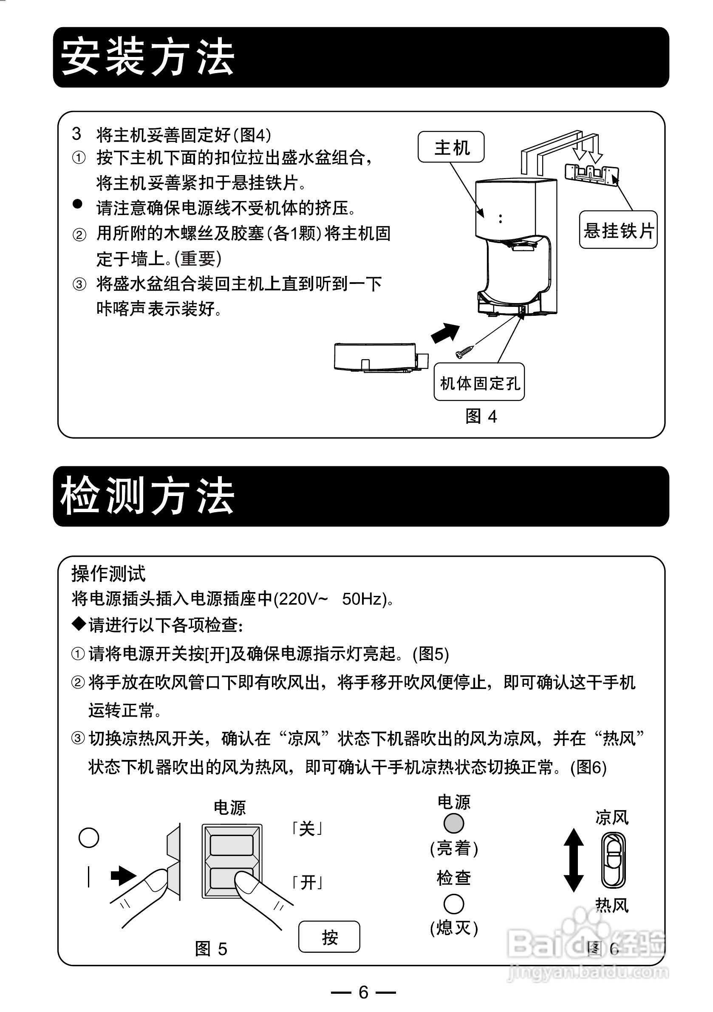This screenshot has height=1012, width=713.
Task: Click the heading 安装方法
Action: tap(147, 57)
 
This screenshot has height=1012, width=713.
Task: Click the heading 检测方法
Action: tap(147, 496)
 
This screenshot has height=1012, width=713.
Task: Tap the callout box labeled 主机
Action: tap(451, 147)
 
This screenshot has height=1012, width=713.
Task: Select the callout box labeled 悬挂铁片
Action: tap(618, 230)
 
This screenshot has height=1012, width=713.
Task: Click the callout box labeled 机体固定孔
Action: tap(479, 382)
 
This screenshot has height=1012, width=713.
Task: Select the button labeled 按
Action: tap(329, 937)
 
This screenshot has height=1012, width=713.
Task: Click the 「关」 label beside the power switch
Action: tap(307, 829)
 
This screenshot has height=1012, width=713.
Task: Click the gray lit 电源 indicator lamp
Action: tap(453, 823)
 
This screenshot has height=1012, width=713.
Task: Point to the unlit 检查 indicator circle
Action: tap(453, 904)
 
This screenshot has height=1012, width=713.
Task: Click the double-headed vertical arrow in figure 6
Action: tap(573, 860)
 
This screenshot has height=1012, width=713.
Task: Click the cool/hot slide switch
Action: tap(614, 860)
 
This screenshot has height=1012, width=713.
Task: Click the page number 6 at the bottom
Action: tap(363, 992)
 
